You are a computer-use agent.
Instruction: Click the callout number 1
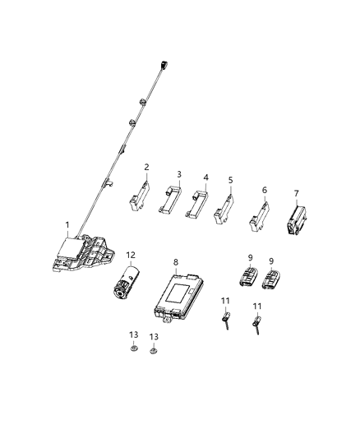coord(68,224)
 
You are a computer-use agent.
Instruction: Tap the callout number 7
coord(297,193)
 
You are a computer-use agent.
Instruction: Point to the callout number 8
coord(176,262)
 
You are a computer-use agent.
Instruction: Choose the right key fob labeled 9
coord(271,279)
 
